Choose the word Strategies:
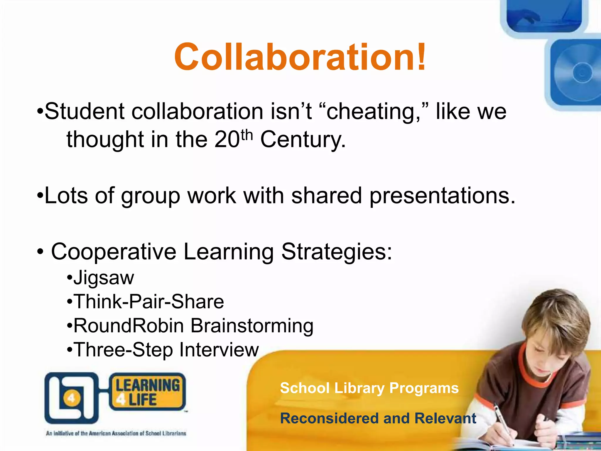[336, 252]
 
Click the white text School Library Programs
[369, 388]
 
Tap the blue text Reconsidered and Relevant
[378, 418]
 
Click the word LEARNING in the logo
[148, 386]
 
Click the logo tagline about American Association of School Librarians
[116, 433]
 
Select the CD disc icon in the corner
[580, 73]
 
